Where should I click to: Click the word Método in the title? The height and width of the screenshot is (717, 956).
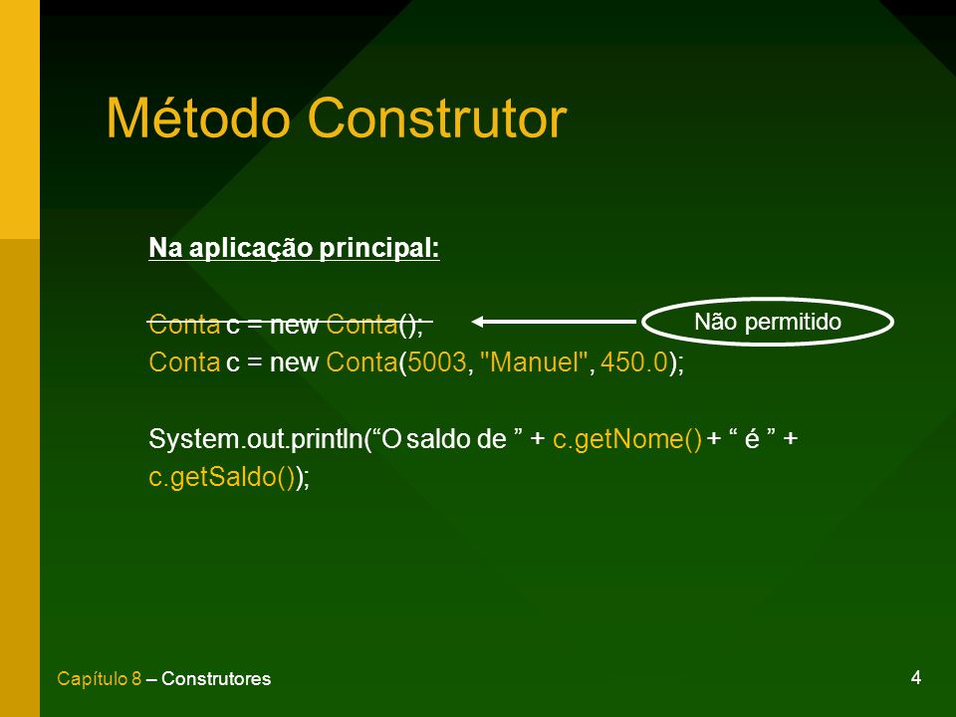(x=198, y=118)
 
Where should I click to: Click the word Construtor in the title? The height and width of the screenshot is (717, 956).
(x=438, y=118)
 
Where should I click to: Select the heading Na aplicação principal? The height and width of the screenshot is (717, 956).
(x=294, y=248)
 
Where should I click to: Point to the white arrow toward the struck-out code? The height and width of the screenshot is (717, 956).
(x=555, y=322)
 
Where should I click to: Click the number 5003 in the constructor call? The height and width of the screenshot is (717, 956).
(x=437, y=362)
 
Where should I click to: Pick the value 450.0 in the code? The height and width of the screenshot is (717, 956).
(x=634, y=362)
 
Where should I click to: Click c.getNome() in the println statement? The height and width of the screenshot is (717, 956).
(x=627, y=439)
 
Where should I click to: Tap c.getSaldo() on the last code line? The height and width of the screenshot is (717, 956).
(x=222, y=477)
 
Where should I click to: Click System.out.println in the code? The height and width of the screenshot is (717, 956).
(x=256, y=439)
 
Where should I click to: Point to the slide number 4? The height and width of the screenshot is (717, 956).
(x=916, y=677)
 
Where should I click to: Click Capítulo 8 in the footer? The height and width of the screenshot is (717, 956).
(x=99, y=678)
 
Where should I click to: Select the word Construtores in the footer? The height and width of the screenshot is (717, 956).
(x=216, y=678)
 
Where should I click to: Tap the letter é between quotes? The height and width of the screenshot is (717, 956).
(x=752, y=439)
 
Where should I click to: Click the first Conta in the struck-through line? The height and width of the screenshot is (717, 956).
(x=184, y=325)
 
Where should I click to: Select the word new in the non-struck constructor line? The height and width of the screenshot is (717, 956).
(x=294, y=362)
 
